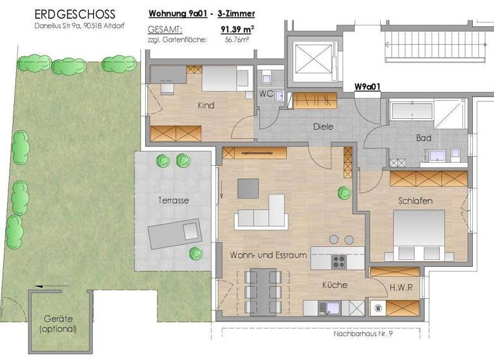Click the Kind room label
[x=206, y=105]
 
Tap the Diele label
[x=323, y=127]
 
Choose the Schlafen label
[x=414, y=201]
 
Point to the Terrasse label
[x=173, y=201]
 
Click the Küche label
[x=334, y=285]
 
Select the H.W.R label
[x=401, y=288]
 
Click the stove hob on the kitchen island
[x=339, y=262]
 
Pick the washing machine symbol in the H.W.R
[x=379, y=307]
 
